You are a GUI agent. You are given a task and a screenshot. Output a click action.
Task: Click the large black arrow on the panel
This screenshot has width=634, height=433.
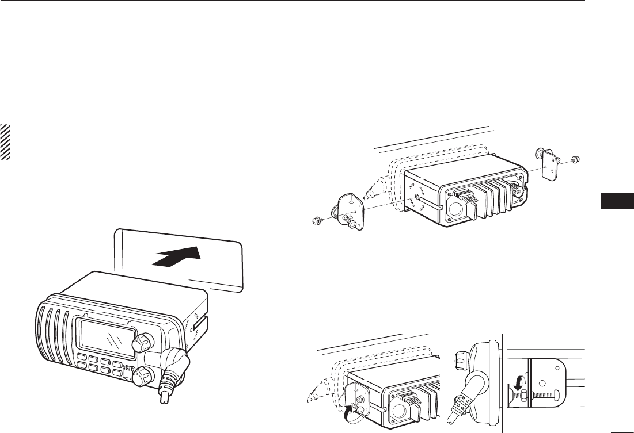(x=176, y=255)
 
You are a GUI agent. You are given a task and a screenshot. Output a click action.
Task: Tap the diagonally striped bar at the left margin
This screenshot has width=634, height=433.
(x=6, y=141)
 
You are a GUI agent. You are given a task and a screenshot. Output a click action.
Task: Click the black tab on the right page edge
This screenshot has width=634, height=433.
(x=617, y=202)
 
